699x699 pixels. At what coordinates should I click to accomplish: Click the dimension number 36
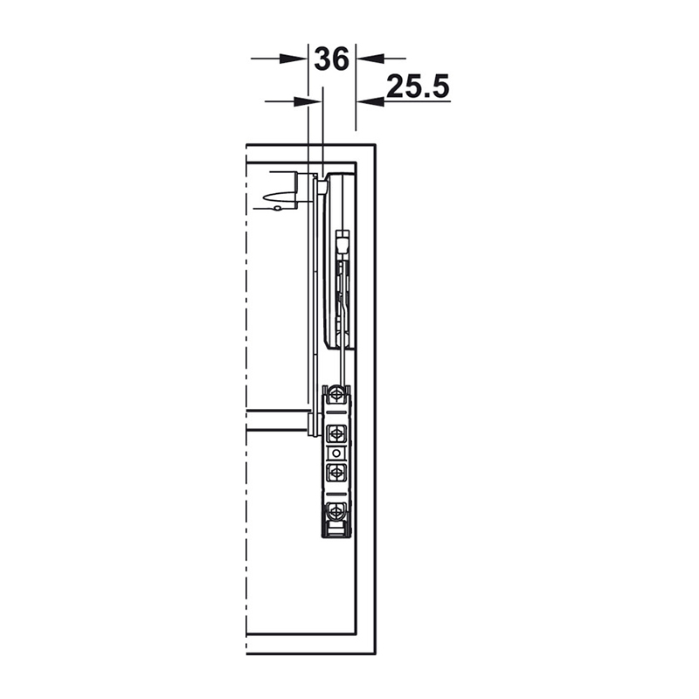click(332, 59)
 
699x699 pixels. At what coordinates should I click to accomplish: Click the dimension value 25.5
click(418, 87)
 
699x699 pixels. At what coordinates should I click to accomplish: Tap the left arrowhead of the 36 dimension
click(294, 59)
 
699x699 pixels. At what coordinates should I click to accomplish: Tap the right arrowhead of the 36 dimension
click(370, 58)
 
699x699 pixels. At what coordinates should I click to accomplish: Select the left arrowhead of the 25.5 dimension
click(308, 101)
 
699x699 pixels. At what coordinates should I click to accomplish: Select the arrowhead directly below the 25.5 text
click(370, 101)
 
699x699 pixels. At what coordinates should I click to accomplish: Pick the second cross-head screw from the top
click(336, 432)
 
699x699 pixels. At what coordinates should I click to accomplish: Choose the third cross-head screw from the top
click(336, 471)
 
